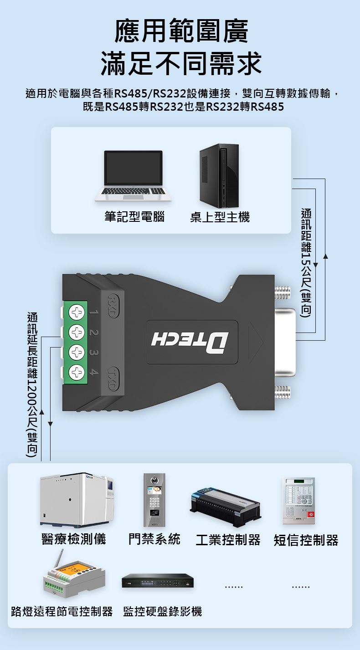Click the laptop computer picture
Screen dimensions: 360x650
click(x=133, y=176)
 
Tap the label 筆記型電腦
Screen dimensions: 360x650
click(x=134, y=217)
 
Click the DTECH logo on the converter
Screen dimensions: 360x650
click(x=190, y=343)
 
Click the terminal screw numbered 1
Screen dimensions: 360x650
click(x=77, y=312)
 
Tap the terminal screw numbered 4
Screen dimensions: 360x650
click(x=77, y=372)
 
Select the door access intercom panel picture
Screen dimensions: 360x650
click(x=154, y=500)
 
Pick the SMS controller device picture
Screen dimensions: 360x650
click(x=299, y=501)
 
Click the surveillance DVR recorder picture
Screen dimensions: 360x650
click(x=158, y=580)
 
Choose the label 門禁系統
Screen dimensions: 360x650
click(x=154, y=539)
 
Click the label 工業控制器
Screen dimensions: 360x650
click(x=228, y=540)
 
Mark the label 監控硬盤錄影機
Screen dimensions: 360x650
click(x=163, y=611)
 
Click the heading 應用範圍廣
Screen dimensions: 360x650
click(x=181, y=31)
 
